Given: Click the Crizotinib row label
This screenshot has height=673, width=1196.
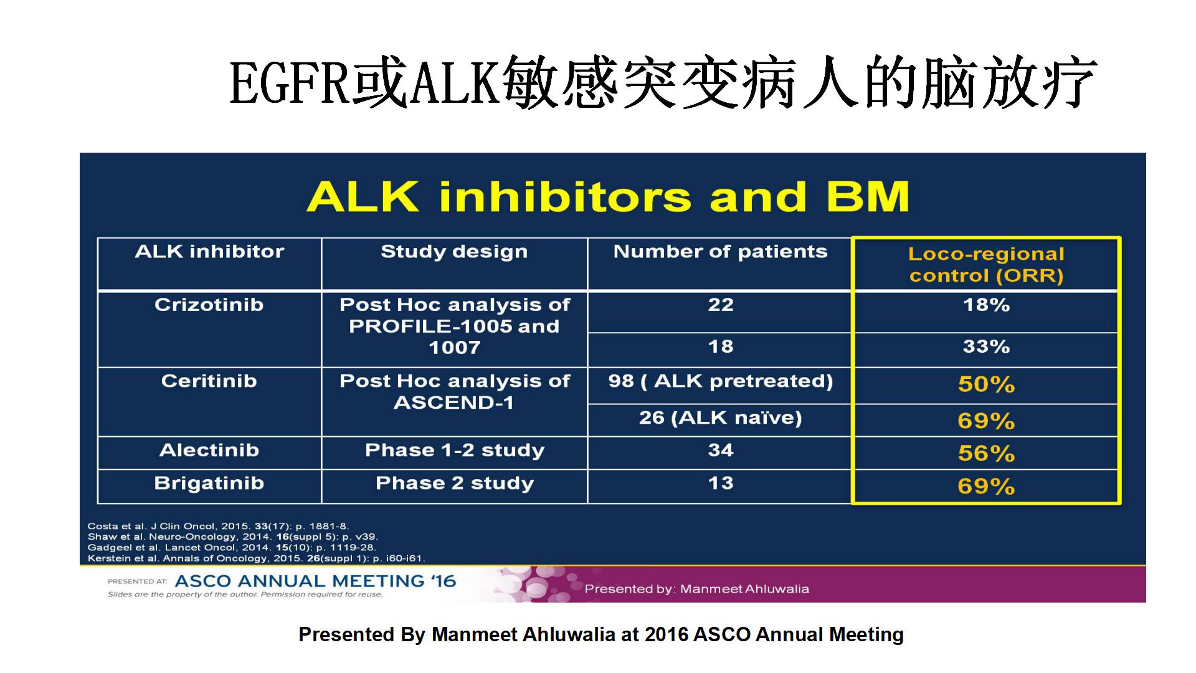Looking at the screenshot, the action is coord(209,305).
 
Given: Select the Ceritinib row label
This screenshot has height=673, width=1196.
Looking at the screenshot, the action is coord(209,381).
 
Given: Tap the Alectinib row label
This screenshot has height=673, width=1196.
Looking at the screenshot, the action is coord(209,450).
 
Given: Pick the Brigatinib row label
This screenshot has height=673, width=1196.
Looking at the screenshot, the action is coord(209,484).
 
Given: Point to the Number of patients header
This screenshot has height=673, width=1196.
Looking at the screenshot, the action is coord(721,252).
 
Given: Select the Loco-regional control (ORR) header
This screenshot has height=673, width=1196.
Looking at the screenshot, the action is coord(987,265).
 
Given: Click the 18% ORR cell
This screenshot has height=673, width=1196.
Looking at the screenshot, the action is coord(987,305).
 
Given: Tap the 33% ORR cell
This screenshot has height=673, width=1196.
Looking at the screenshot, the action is coord(987,346).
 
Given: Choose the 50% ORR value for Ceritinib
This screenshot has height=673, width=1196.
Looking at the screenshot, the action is coord(987,384).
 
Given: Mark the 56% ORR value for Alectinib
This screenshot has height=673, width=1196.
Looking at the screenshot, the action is coord(987,454).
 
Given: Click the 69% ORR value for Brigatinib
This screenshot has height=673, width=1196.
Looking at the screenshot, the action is coord(987,487).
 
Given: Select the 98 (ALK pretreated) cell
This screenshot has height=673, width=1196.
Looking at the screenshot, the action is coord(721,381).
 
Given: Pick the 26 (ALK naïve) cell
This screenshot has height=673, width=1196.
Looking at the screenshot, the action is coord(721,418).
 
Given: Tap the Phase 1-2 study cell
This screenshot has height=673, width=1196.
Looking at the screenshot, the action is coord(455,451).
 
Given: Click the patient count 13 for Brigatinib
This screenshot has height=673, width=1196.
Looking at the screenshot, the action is coord(721,484).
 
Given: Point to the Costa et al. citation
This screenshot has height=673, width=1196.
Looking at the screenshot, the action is coord(218,527).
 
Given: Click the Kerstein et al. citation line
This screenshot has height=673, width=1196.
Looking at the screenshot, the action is coord(257,558).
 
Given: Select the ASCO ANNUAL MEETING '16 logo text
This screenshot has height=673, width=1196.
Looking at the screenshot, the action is coord(316,581).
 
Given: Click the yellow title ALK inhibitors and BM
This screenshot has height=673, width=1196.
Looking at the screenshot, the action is coord(608,197).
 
